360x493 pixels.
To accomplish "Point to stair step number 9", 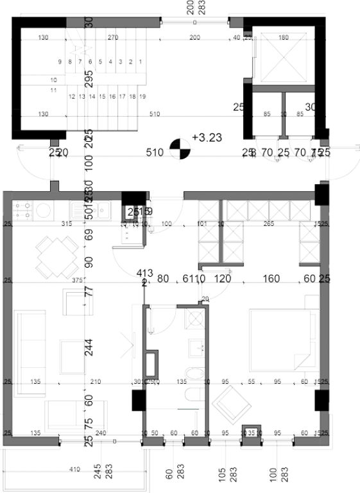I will point(59,62).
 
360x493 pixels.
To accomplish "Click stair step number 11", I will point(54,91).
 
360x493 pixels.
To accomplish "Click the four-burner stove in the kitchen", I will point(24,209).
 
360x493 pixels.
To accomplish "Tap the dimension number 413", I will point(144,273).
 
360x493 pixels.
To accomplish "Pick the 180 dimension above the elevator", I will point(284,37).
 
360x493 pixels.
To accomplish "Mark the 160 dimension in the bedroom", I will point(271,279).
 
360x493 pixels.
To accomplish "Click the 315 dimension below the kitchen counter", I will point(65,224).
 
